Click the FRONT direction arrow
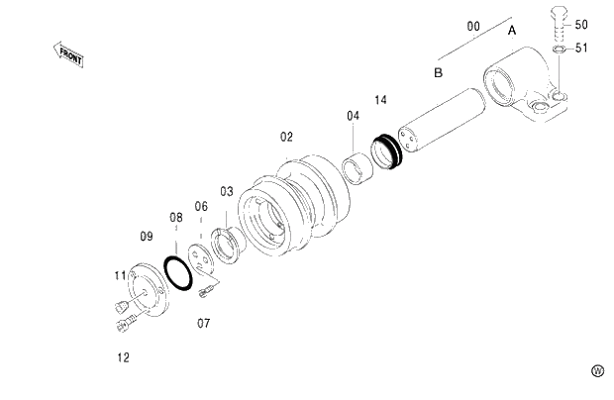pyautogui.click(x=68, y=55)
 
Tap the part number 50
pyautogui.click(x=580, y=24)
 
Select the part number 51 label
pyautogui.click(x=580, y=47)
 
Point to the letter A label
pyautogui.click(x=512, y=31)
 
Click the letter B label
pyautogui.click(x=437, y=73)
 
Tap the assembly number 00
pyautogui.click(x=472, y=26)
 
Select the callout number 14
pyautogui.click(x=381, y=100)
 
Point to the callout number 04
pyautogui.click(x=353, y=116)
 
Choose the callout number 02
pyautogui.click(x=286, y=136)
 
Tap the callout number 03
pyautogui.click(x=227, y=191)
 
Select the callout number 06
pyautogui.click(x=201, y=206)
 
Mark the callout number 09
pyautogui.click(x=146, y=236)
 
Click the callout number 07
pyautogui.click(x=203, y=323)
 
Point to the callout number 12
pyautogui.click(x=123, y=356)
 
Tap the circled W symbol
pyautogui.click(x=597, y=370)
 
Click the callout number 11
pyautogui.click(x=120, y=275)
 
